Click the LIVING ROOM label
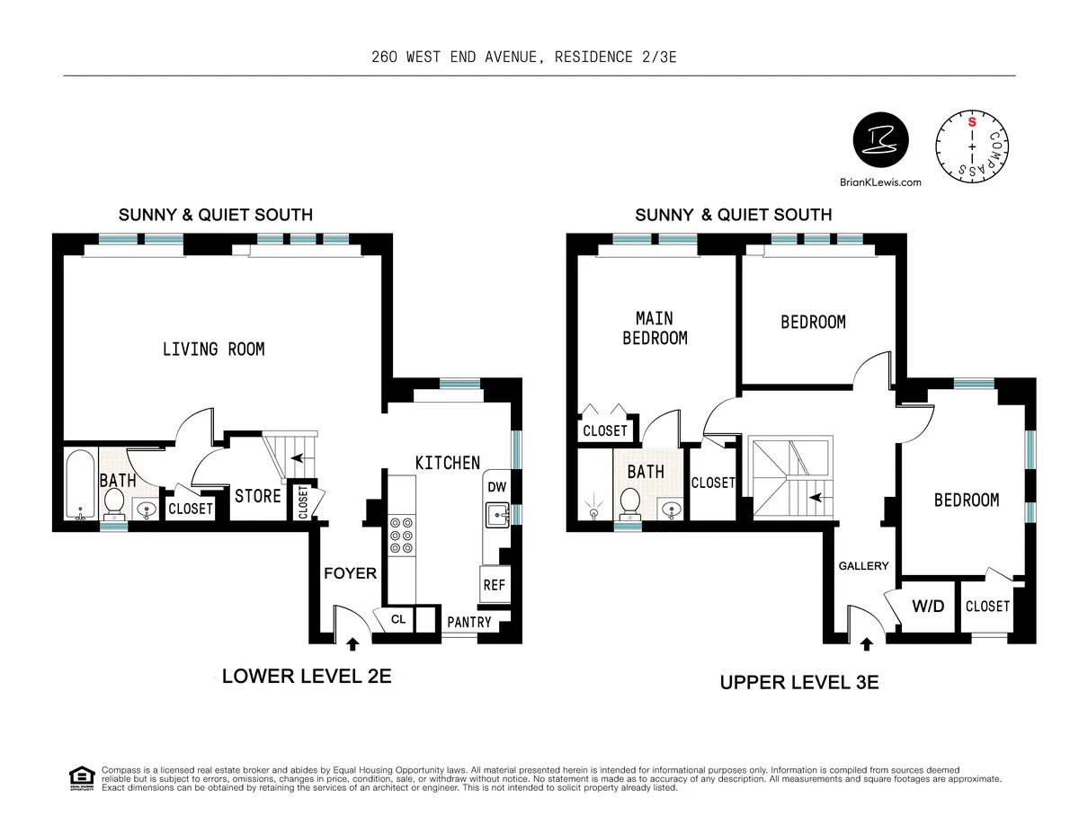coord(213,349)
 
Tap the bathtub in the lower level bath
coord(79,485)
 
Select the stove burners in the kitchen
coord(400,536)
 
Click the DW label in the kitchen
coord(495,486)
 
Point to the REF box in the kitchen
coord(494,584)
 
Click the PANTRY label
coord(469,622)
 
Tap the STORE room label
coord(258,496)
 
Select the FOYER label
coord(350,572)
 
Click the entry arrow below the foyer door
coord(352,643)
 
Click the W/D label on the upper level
coord(928,606)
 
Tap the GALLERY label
coord(863,566)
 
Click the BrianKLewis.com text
coord(880,182)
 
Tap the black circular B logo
coord(880,141)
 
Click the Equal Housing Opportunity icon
coord(81,777)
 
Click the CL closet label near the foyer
coord(398,619)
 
